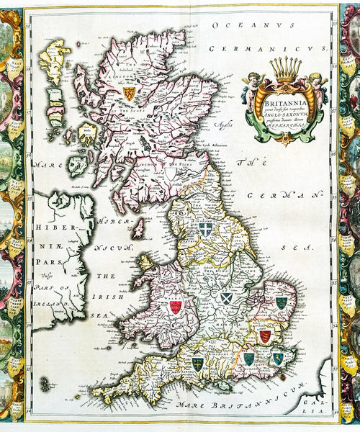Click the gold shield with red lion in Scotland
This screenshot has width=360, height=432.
130,94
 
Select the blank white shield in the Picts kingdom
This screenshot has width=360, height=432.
171,174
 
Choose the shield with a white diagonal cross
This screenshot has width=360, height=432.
226,297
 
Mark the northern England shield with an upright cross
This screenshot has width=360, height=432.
205,229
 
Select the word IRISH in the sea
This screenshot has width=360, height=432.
94,296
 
